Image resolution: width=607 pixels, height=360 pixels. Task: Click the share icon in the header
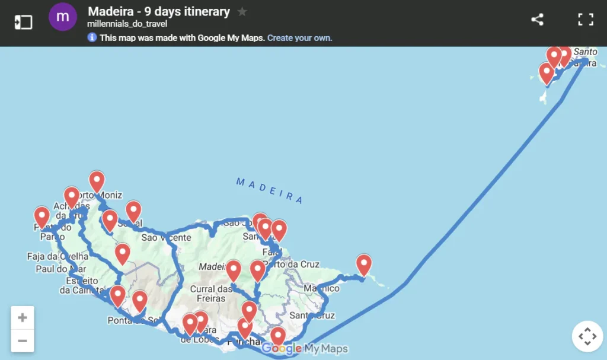(537, 19)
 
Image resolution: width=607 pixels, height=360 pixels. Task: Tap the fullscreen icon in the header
(586, 19)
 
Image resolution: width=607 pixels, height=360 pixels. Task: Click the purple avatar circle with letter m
(63, 17)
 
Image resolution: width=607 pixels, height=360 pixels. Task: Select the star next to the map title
(242, 11)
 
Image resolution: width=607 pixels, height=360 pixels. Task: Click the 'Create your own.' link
(299, 38)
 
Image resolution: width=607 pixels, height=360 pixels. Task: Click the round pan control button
(587, 336)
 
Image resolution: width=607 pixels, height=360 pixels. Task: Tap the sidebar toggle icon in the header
(23, 22)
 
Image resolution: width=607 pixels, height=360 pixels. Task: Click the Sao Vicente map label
(166, 238)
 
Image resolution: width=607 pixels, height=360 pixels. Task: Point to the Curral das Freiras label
(211, 294)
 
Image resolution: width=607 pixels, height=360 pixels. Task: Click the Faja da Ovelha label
(57, 257)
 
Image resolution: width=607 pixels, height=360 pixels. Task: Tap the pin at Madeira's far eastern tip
(363, 265)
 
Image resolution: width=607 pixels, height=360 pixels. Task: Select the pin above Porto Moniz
(97, 181)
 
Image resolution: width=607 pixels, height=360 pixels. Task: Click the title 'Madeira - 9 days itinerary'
(158, 11)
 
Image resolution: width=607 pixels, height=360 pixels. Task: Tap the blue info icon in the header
(92, 38)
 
